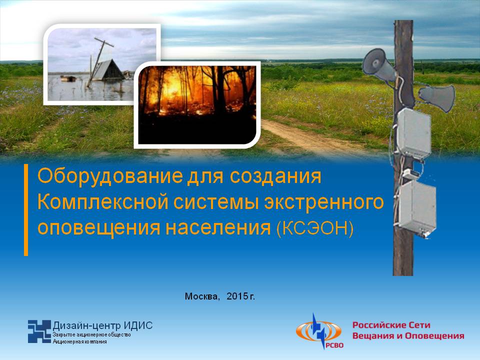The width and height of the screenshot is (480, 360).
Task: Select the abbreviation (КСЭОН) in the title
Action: pyautogui.click(x=315, y=228)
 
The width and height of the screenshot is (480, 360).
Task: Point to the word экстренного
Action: pyautogui.click(x=323, y=202)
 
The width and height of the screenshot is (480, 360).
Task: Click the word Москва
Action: pyautogui.click(x=202, y=296)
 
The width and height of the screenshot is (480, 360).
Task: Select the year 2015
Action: pyautogui.click(x=237, y=296)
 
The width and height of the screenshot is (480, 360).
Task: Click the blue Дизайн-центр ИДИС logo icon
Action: pyautogui.click(x=39, y=331)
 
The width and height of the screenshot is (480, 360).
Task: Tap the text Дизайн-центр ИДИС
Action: pyautogui.click(x=102, y=325)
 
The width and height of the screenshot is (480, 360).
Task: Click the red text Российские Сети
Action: pyautogui.click(x=391, y=325)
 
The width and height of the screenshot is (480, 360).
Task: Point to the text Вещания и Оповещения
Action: pyautogui.click(x=408, y=336)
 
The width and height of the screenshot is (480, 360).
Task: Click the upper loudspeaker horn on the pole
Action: pyautogui.click(x=379, y=64)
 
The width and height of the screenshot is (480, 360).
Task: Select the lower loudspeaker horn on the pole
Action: pyautogui.click(x=437, y=97)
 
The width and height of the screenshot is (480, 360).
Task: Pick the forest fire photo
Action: pyautogui.click(x=197, y=105)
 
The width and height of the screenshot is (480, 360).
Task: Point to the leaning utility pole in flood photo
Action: pyautogui.click(x=99, y=61)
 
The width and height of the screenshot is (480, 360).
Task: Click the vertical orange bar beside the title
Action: pyautogui.click(x=26, y=209)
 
